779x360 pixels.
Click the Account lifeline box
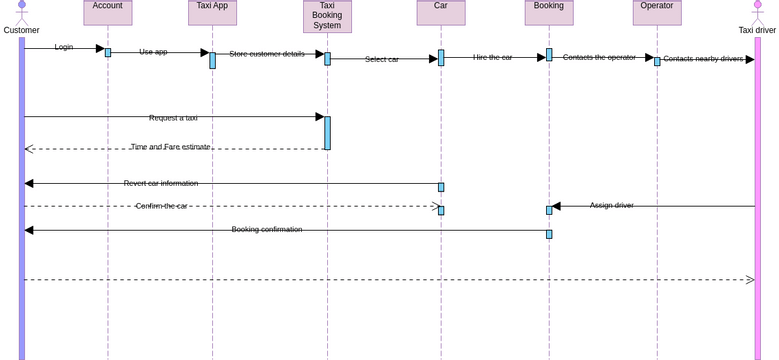(x=107, y=11)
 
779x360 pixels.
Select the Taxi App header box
(x=212, y=11)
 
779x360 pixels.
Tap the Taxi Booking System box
(x=327, y=16)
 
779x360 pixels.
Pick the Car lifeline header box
(x=441, y=11)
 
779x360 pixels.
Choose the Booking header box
(x=549, y=11)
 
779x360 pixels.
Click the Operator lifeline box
(x=657, y=11)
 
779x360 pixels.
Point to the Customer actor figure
(x=22, y=13)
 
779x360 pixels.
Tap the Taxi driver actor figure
(x=757, y=13)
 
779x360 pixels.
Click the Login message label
(x=64, y=47)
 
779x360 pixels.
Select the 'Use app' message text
(x=153, y=52)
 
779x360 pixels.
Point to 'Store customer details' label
(x=267, y=54)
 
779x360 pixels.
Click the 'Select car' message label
(x=382, y=59)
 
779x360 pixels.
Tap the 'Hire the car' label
(x=493, y=57)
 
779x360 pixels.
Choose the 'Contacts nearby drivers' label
(x=703, y=59)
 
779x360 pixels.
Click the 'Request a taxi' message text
(x=173, y=118)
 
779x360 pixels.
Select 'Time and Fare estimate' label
(x=171, y=147)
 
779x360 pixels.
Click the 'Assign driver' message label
(x=611, y=205)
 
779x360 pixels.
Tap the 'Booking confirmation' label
(x=267, y=229)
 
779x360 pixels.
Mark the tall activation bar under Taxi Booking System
(x=327, y=133)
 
